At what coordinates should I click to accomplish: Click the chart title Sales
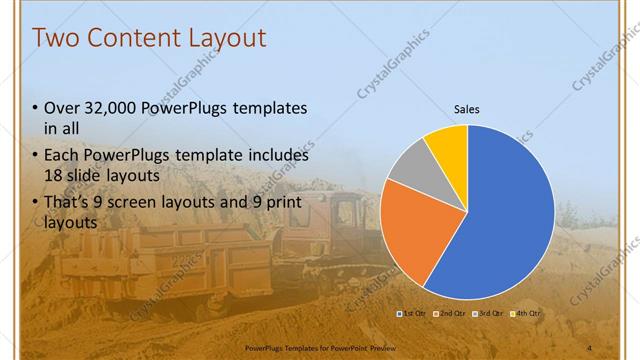[x=467, y=108]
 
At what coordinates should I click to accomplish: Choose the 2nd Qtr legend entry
[x=452, y=314]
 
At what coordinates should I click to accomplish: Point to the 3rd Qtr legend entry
[x=489, y=314]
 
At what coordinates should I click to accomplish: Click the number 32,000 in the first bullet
[x=107, y=108]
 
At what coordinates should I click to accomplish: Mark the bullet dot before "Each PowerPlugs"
[x=36, y=157]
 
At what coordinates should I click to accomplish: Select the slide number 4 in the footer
[x=589, y=347]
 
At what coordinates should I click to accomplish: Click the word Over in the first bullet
[x=62, y=108]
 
